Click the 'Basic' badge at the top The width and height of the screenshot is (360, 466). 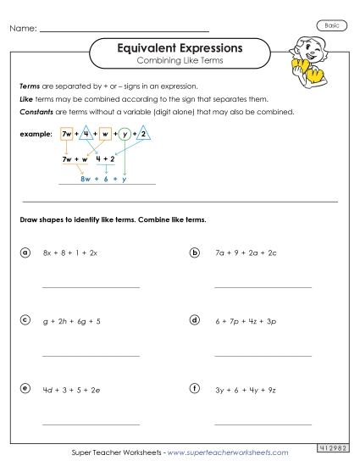[331, 26]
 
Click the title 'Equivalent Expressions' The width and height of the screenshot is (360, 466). [180, 48]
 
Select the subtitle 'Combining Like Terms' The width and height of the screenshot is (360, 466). [180, 63]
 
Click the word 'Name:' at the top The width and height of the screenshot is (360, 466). [23, 29]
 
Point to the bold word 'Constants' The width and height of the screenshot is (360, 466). [36, 112]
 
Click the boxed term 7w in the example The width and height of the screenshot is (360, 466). [68, 135]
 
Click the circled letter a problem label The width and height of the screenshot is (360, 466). [25, 252]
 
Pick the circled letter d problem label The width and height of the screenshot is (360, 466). [195, 320]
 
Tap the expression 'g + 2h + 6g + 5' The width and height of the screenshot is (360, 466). [72, 321]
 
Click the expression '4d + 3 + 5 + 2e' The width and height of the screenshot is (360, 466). [71, 389]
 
